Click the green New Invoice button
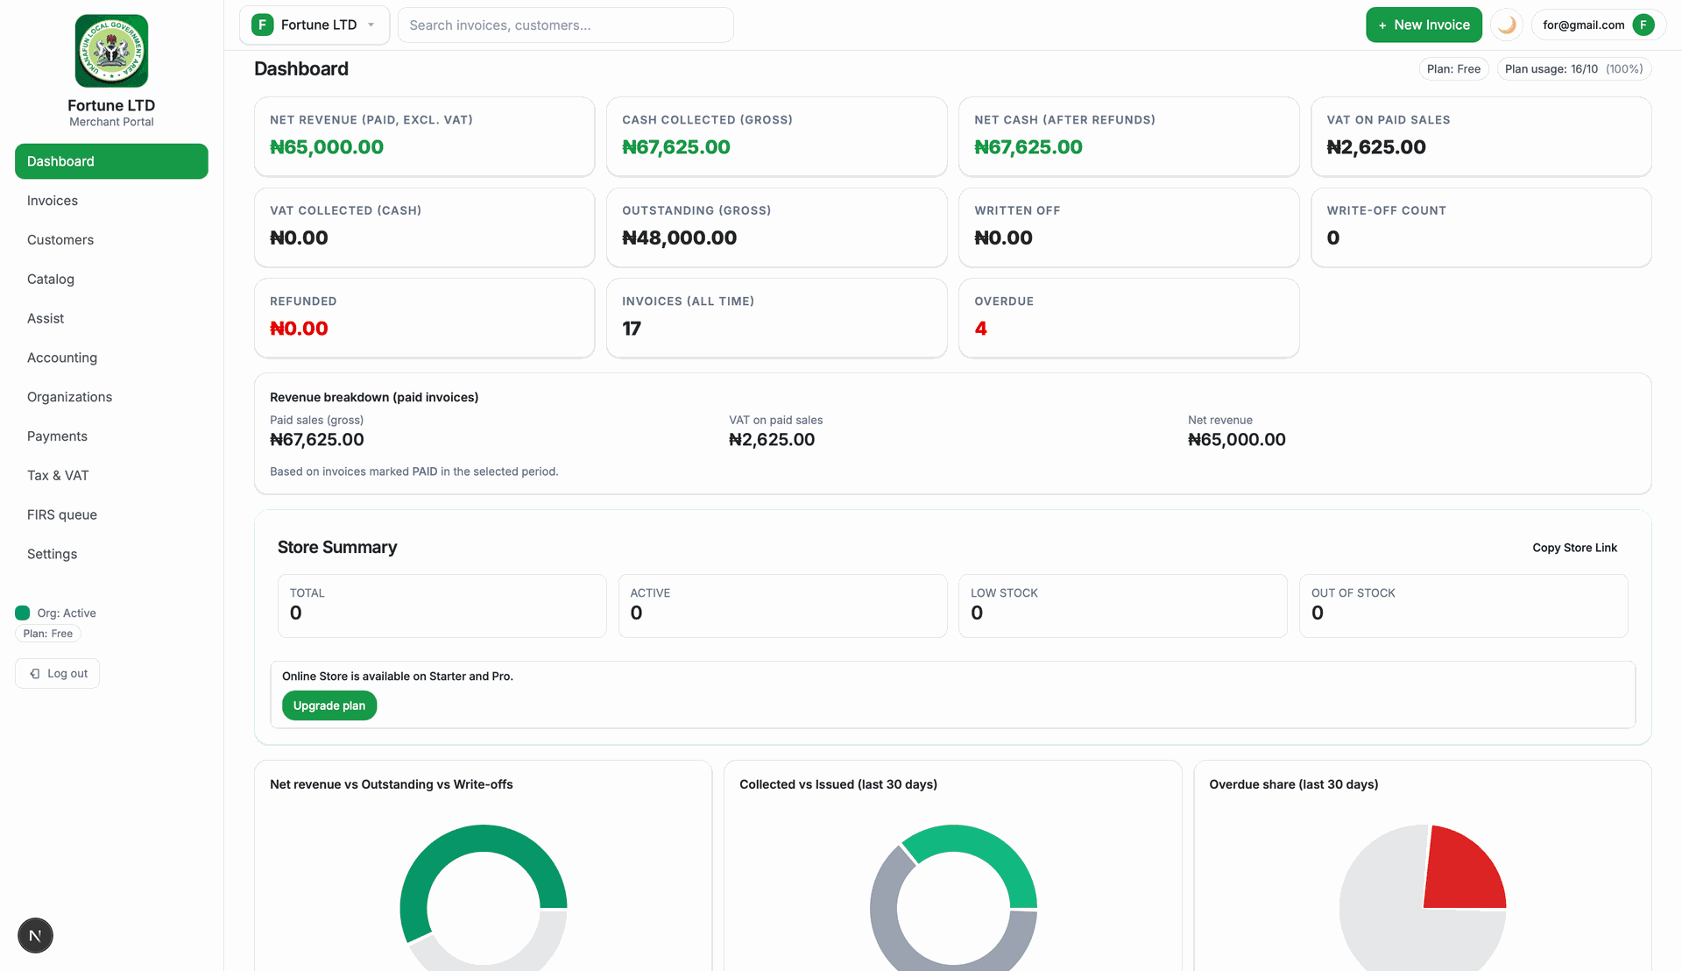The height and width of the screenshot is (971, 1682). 1424,25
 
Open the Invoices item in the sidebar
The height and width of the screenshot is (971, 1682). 53,201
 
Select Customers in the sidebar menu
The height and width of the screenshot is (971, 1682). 60,240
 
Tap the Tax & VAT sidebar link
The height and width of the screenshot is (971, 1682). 58,476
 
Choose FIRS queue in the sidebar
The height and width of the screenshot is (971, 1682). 62,515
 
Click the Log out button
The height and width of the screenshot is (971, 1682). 58,674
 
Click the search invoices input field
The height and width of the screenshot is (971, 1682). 565,25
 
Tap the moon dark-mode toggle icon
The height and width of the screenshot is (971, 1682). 1507,25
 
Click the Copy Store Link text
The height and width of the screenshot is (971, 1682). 1574,548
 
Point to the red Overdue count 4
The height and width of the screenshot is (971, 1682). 980,329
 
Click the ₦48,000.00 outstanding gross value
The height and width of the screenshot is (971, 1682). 679,237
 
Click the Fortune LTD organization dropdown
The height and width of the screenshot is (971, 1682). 314,25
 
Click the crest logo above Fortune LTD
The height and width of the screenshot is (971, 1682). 111,51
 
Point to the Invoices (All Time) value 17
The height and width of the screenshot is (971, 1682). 632,329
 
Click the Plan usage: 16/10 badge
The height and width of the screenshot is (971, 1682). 1573,69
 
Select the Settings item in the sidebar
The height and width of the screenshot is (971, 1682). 53,554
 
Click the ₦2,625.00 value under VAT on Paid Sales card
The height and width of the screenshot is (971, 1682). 1376,147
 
